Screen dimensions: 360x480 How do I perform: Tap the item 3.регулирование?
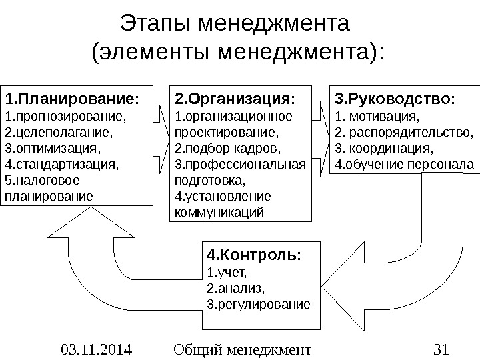(259, 304)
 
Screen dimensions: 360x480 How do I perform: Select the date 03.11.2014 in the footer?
(95, 348)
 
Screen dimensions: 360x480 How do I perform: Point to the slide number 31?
(441, 348)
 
